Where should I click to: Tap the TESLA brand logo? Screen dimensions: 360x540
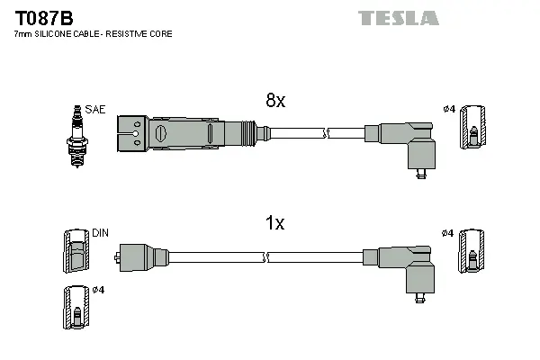[398, 17]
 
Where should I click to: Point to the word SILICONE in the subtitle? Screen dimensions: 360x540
[56, 33]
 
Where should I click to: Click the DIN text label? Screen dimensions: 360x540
[100, 232]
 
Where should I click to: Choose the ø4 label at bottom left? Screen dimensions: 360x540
[99, 289]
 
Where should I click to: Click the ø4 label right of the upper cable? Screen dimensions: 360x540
[448, 110]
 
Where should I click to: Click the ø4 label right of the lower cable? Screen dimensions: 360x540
[448, 234]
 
